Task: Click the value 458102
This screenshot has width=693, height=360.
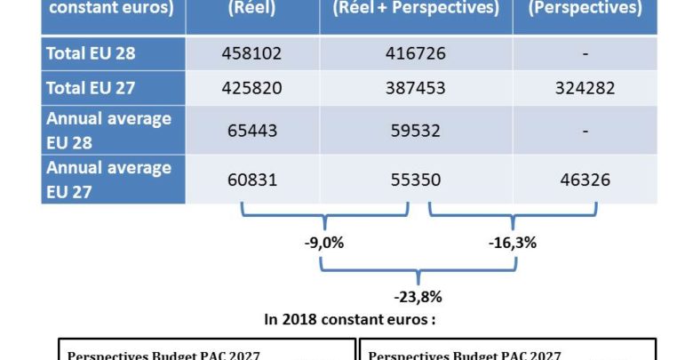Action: click(x=251, y=53)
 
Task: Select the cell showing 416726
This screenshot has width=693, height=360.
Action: click(x=416, y=53)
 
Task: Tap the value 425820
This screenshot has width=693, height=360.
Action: click(x=251, y=89)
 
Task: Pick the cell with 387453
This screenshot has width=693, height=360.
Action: click(x=416, y=89)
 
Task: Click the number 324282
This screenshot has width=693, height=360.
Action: click(x=585, y=89)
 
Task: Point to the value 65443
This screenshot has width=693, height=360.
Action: click(x=251, y=131)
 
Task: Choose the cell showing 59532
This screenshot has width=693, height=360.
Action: click(x=416, y=131)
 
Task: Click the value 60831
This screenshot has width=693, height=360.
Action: click(x=251, y=180)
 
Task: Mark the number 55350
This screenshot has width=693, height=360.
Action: click(x=416, y=180)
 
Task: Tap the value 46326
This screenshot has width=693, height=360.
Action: click(x=585, y=180)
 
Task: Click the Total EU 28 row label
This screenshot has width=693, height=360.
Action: click(x=91, y=53)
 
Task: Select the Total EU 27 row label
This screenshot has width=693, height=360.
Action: click(x=91, y=89)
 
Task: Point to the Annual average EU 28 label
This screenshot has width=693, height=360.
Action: click(x=108, y=130)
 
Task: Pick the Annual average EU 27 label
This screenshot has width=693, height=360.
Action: click(x=108, y=179)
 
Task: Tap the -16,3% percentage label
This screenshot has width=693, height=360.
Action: click(x=513, y=242)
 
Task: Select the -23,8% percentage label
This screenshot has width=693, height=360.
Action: click(x=418, y=297)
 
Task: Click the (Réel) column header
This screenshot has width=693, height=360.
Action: click(x=251, y=10)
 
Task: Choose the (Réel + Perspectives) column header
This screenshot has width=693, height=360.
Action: click(x=416, y=10)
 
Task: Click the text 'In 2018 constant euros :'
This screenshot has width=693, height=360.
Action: click(x=349, y=318)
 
